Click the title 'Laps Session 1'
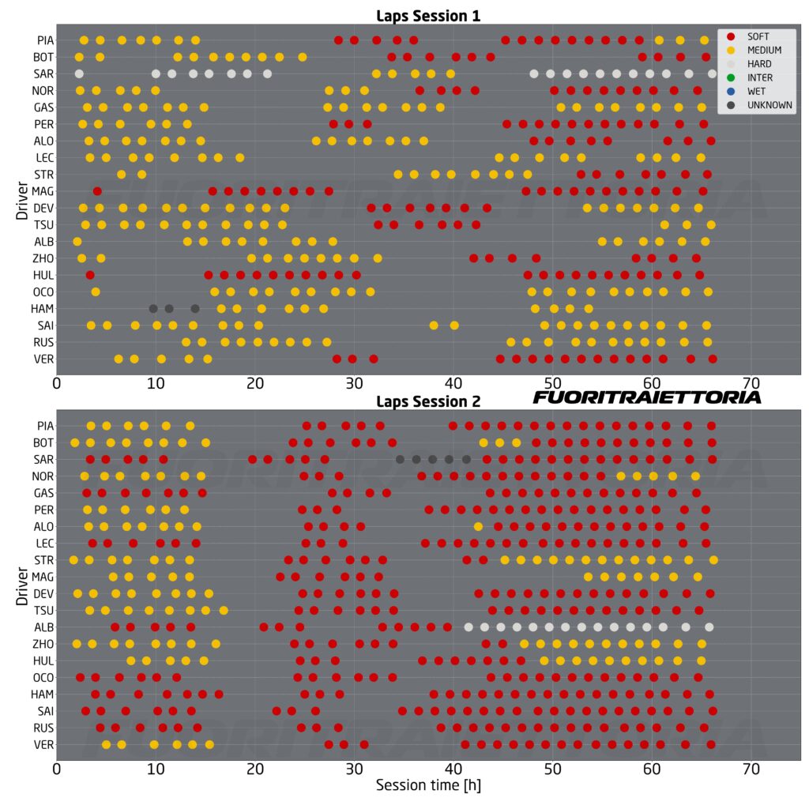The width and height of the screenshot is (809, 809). [x=427, y=15]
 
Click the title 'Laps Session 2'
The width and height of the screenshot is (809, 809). [x=427, y=401]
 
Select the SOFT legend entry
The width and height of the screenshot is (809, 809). [x=756, y=36]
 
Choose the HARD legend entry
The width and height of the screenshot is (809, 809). [x=756, y=64]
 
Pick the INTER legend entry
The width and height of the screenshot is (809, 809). [x=756, y=77]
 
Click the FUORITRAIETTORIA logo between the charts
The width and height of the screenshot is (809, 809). [x=647, y=397]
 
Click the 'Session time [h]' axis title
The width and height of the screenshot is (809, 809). [x=427, y=786]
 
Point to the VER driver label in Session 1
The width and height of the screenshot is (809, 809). [x=44, y=359]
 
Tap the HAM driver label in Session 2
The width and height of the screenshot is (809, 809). [x=43, y=694]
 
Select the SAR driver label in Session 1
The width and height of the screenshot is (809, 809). [x=44, y=73]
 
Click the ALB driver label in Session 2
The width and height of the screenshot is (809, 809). [x=44, y=627]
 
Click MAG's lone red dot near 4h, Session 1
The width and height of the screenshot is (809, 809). [x=97, y=191]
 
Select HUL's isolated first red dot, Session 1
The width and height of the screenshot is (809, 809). [x=90, y=275]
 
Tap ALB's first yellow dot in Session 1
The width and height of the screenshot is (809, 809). [x=77, y=242]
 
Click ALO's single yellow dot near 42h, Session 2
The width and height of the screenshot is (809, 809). [x=478, y=526]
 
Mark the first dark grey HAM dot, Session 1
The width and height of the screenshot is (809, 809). [x=153, y=308]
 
